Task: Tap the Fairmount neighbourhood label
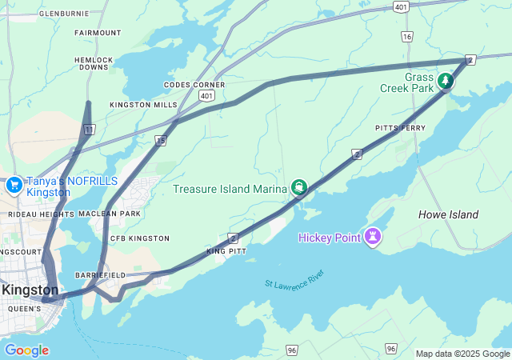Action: tap(98, 33)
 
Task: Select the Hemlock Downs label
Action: tap(94, 63)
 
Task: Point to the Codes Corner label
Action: tap(194, 85)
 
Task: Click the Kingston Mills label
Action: tap(144, 105)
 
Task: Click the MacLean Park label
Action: tap(110, 214)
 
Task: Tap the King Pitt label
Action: tap(226, 252)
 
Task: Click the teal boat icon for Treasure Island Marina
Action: tap(299, 188)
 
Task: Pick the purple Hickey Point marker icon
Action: tap(372, 237)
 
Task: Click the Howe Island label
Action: tap(448, 214)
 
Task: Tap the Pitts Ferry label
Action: tap(400, 128)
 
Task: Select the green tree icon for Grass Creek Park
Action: tap(445, 82)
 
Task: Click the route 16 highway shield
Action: tap(408, 37)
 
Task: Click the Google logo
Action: tap(26, 350)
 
